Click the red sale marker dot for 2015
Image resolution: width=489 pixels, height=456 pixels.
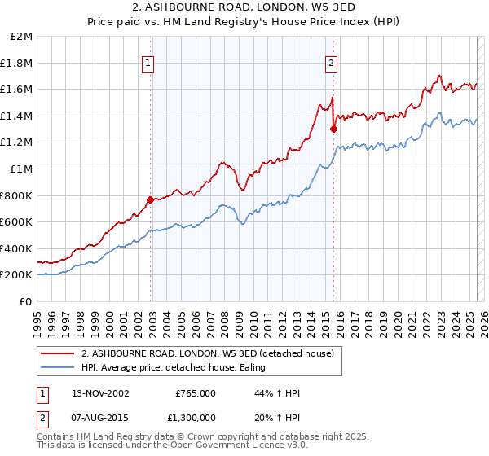pos(333,129)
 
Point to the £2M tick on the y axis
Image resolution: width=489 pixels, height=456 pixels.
pos(22,37)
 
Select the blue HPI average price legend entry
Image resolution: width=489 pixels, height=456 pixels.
pos(179,368)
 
